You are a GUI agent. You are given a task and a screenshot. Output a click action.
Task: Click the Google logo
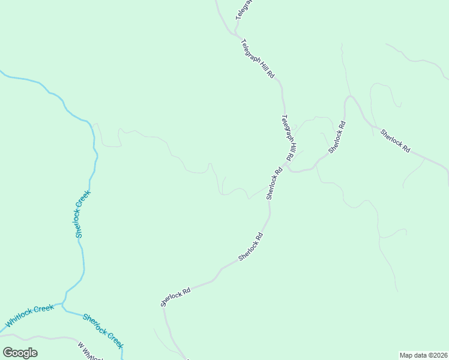pyautogui.click(x=20, y=353)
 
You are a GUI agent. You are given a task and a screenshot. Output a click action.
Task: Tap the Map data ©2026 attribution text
pyautogui.click(x=423, y=355)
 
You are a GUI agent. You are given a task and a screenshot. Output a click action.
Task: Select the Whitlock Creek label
pyautogui.click(x=29, y=317)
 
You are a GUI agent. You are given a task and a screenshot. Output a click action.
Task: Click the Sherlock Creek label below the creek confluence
pyautogui.click(x=103, y=331)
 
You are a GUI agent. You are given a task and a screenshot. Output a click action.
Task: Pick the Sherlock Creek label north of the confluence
pyautogui.click(x=83, y=214)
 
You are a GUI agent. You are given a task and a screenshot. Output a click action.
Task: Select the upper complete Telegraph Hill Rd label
pyautogui.click(x=258, y=59)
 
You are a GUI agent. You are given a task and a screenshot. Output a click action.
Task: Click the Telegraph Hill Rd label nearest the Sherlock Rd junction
pyautogui.click(x=288, y=137)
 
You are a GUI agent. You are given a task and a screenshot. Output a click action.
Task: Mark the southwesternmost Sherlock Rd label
pyautogui.click(x=175, y=296)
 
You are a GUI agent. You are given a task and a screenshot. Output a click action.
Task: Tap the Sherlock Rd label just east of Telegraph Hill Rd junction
pyautogui.click(x=337, y=137)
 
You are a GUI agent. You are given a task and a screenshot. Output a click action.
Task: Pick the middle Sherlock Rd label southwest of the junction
pyautogui.click(x=251, y=246)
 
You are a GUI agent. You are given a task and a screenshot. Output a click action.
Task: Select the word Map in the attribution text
pyautogui.click(x=407, y=355)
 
